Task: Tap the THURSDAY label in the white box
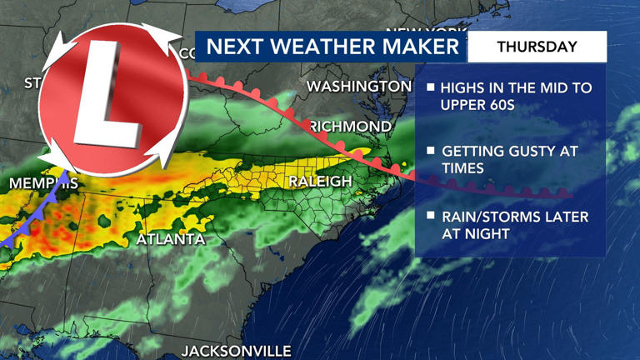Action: coord(537,47)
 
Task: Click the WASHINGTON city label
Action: coord(359,87)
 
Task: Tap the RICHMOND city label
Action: coord(350,127)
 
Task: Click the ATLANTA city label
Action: coord(170,239)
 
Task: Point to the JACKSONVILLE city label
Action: coord(237,350)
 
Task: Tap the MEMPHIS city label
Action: coord(43,182)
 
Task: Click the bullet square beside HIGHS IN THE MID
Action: coord(431,87)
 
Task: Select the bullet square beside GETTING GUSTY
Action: coord(431,151)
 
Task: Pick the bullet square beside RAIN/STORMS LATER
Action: coord(431,216)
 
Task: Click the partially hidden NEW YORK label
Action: coord(425,32)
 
